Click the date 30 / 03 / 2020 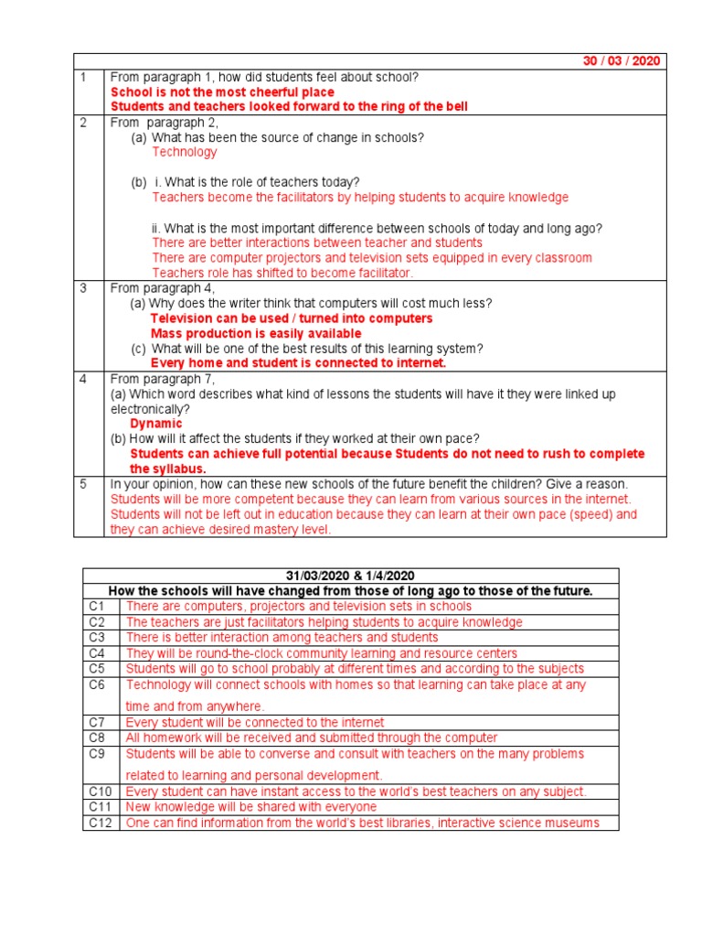click(621, 61)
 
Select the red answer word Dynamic click(156, 424)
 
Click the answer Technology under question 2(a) click(185, 152)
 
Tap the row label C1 click(97, 606)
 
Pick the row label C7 click(97, 723)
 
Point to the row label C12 click(100, 823)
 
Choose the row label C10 click(100, 792)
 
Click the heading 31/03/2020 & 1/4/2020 click(350, 576)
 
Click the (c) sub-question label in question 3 click(138, 349)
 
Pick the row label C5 click(97, 669)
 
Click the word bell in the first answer click(454, 107)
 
